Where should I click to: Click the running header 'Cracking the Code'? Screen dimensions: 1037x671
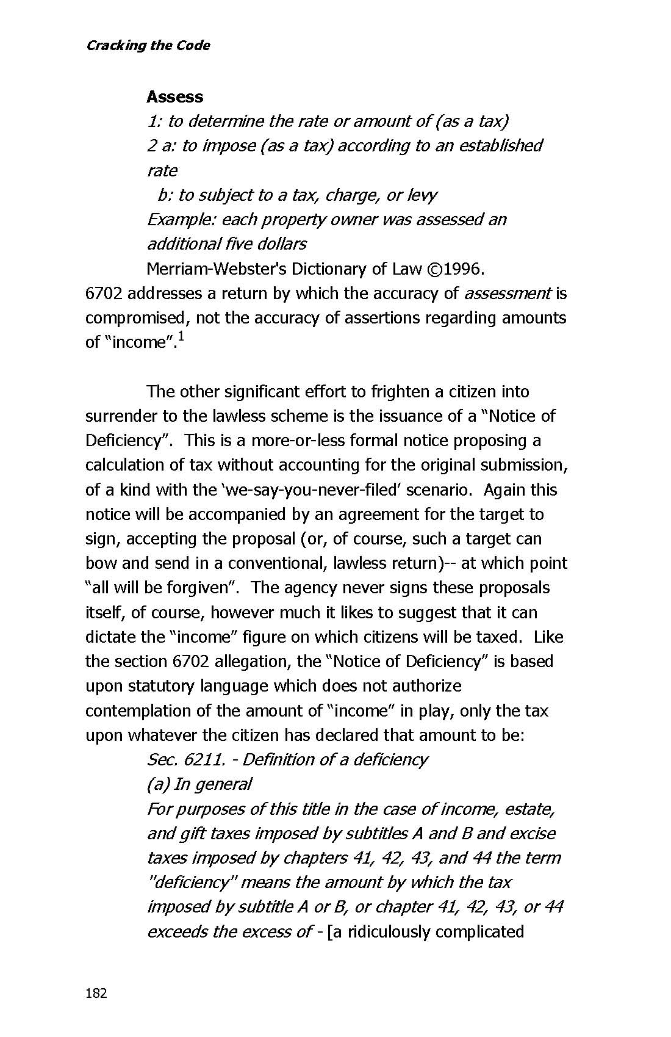coord(148,45)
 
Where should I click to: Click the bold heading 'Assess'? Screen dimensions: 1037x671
coord(174,96)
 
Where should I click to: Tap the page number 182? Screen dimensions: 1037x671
coord(96,993)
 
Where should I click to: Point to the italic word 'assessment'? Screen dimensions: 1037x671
coord(508,293)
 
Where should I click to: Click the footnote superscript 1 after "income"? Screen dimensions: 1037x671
coord(181,338)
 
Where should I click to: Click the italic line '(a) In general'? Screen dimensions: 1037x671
coord(199,784)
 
